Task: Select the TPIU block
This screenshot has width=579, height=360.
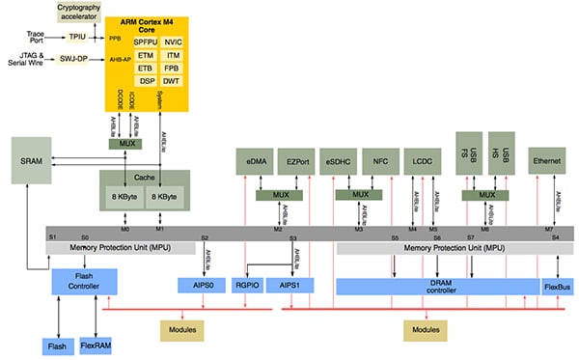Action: tap(76, 37)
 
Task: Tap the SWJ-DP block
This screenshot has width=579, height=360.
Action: tap(75, 59)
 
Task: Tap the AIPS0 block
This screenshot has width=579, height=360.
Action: tap(201, 286)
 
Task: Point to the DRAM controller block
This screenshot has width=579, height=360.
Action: tap(436, 286)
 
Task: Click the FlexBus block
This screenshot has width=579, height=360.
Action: tap(557, 286)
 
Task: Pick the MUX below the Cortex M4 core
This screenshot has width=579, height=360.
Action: tap(125, 144)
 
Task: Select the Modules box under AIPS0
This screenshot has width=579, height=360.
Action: tap(179, 330)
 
